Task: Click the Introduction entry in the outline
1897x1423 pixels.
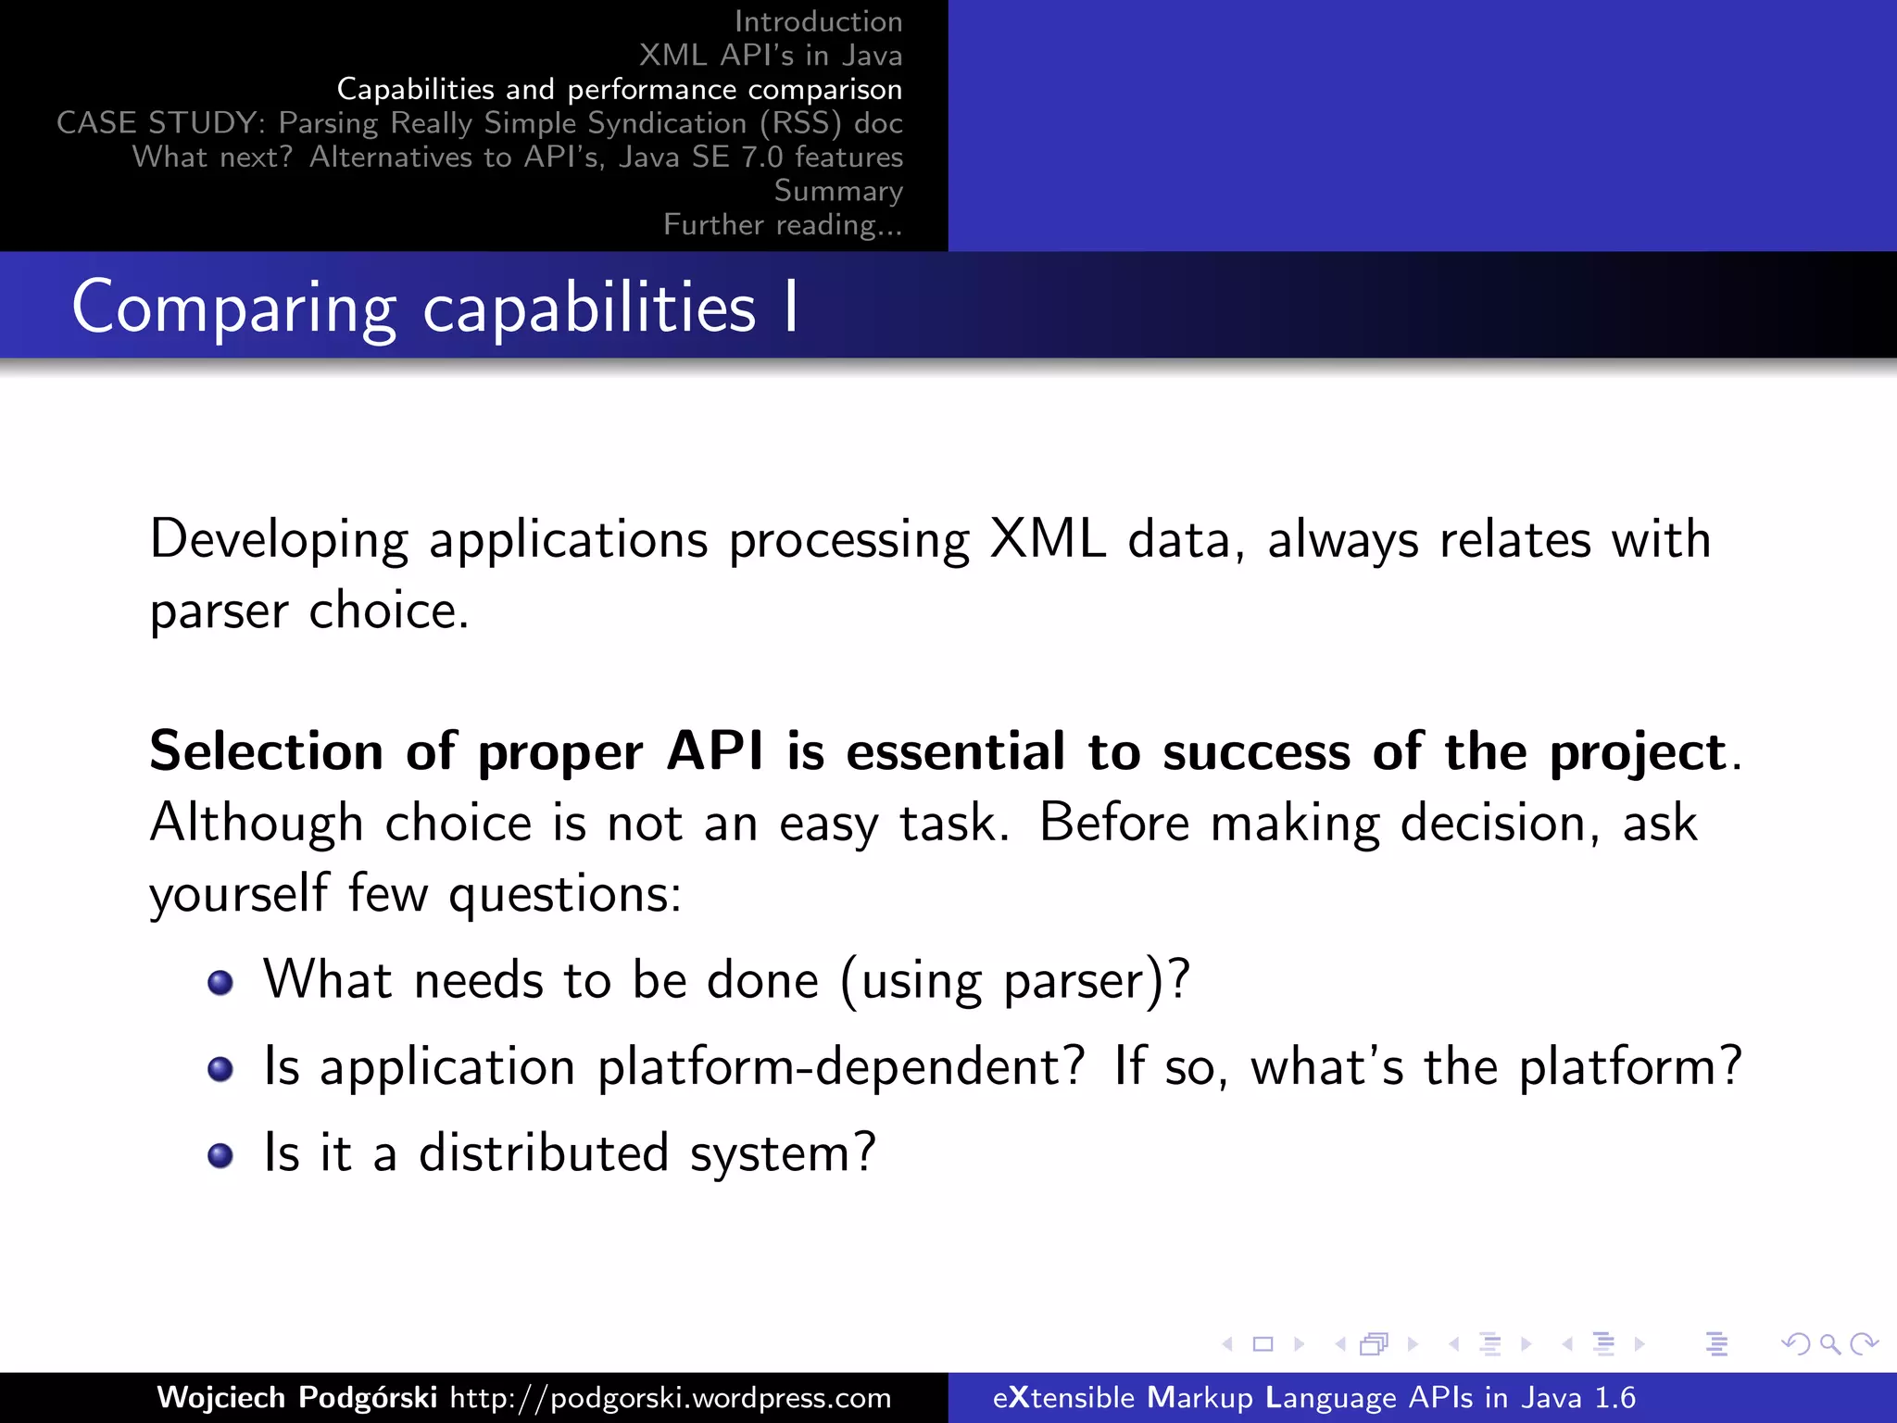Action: pos(817,21)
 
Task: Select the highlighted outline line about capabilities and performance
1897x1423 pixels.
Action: pos(619,89)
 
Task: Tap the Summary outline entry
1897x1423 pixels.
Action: pos(837,191)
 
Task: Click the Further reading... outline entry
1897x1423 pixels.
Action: pos(783,224)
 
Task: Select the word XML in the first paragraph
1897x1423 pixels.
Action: pos(1047,539)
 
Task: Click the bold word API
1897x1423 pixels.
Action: pos(715,750)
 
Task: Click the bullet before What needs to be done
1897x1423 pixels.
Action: pos(220,982)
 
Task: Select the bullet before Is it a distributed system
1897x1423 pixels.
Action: pos(220,1155)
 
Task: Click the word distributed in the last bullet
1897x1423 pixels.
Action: pos(544,1153)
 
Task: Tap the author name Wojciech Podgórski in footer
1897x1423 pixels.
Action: pos(296,1397)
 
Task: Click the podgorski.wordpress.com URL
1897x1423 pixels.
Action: pos(671,1397)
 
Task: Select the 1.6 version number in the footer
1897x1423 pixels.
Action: pos(1614,1397)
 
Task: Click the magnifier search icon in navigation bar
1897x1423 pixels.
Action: pos(1829,1343)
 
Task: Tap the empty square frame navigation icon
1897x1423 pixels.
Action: pos(1263,1343)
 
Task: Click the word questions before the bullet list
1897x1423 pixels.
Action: pos(564,895)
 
